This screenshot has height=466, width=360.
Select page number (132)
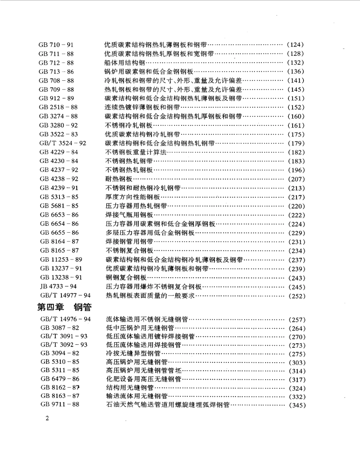[296, 63]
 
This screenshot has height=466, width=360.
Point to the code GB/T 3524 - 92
[63, 143]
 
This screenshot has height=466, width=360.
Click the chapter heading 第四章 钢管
[66, 306]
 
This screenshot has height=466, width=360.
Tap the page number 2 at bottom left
[47, 418]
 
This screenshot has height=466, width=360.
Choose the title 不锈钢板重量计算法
[136, 152]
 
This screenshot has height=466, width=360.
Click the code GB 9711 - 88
[59, 405]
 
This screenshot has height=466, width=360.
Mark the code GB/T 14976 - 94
[65, 319]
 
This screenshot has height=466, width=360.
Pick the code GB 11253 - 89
[61, 260]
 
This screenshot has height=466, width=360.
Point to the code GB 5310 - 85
[59, 362]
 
